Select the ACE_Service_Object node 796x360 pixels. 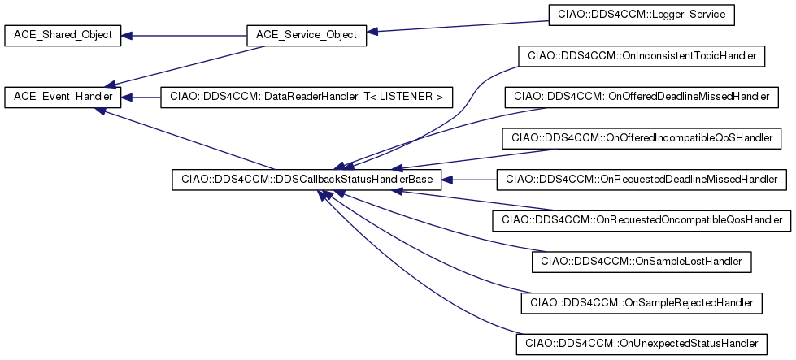click(306, 35)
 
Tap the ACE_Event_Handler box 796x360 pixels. click(63, 98)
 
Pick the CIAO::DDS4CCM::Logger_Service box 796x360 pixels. click(642, 14)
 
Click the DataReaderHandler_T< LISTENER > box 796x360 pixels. click(306, 98)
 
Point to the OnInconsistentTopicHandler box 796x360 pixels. click(642, 56)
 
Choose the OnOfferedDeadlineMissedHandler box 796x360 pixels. click(642, 98)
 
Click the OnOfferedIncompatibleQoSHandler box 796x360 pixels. click(642, 137)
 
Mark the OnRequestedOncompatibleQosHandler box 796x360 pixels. click(642, 219)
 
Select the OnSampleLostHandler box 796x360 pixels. click(642, 262)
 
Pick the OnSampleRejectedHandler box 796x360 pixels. click(642, 302)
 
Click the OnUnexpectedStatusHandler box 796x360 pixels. click(642, 344)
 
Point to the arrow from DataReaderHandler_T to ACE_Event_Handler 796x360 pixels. click(141, 98)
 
